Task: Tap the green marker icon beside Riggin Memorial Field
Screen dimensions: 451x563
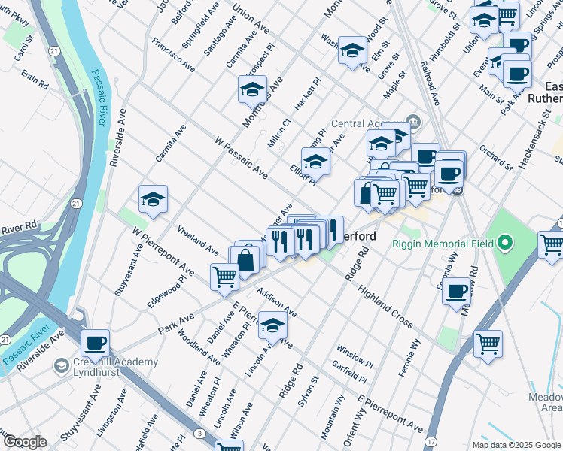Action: (x=506, y=243)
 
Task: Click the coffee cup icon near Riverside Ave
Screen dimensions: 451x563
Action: (x=95, y=344)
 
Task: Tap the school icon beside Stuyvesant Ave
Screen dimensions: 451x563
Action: (x=153, y=200)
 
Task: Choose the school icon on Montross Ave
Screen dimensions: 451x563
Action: (x=252, y=90)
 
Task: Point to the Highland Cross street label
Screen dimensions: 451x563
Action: (x=385, y=307)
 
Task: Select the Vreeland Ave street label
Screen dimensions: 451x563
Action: (x=197, y=240)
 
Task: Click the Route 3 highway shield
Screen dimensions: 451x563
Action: (x=198, y=434)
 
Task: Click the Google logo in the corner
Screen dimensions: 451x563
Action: (x=24, y=442)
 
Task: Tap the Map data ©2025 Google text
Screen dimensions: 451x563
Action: (x=516, y=445)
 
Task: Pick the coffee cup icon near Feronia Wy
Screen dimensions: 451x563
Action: (x=456, y=292)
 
